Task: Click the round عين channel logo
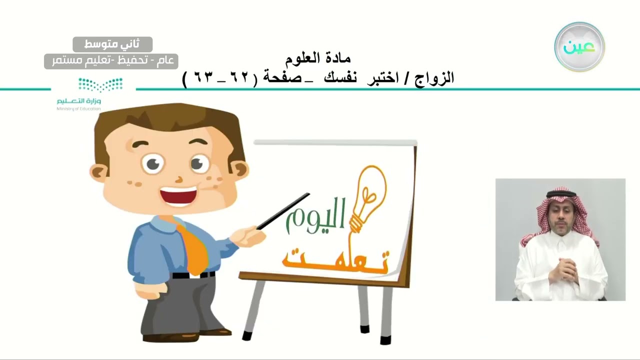579,47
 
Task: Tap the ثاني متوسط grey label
112,44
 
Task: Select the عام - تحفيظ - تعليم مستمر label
111,61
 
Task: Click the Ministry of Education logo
79,93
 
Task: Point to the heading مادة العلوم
317,58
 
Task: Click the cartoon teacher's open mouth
178,194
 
